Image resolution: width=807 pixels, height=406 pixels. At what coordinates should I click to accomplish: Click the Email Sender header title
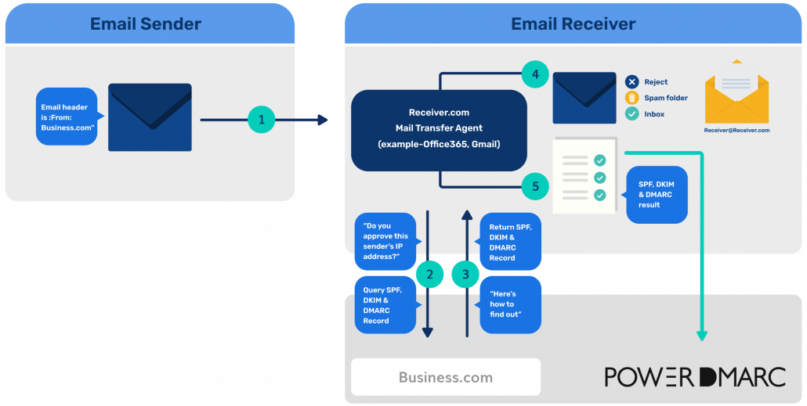pyautogui.click(x=146, y=23)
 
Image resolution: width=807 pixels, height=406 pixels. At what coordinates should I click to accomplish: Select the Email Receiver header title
pyautogui.click(x=573, y=23)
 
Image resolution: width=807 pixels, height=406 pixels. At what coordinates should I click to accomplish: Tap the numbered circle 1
pyautogui.click(x=262, y=120)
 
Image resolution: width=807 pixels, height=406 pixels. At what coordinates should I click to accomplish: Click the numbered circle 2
pyautogui.click(x=428, y=274)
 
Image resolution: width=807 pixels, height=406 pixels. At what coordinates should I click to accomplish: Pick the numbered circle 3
pyautogui.click(x=466, y=274)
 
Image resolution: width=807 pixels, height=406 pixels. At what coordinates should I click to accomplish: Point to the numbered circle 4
pyautogui.click(x=535, y=76)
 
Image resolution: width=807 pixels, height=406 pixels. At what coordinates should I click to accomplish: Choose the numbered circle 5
pyautogui.click(x=535, y=186)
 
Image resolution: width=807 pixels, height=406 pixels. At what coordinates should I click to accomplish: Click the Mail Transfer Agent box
pyautogui.click(x=438, y=130)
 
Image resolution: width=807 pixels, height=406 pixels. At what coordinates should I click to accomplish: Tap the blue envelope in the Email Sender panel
pyautogui.click(x=150, y=117)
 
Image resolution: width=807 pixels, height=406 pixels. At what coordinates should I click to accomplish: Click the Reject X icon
pyautogui.click(x=631, y=82)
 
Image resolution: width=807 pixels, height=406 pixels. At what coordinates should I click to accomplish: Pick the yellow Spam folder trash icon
pyautogui.click(x=631, y=98)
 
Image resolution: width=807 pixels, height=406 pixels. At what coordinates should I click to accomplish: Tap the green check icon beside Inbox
pyautogui.click(x=631, y=114)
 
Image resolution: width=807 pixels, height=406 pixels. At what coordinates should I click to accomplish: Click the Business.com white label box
pyautogui.click(x=445, y=377)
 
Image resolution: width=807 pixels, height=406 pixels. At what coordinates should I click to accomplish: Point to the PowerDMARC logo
pyautogui.click(x=694, y=377)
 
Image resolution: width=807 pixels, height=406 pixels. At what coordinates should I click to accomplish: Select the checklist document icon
pyautogui.click(x=584, y=177)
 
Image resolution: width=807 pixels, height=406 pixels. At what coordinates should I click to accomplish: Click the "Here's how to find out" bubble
pyautogui.click(x=510, y=304)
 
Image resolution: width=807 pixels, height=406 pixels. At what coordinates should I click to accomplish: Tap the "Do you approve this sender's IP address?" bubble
pyautogui.click(x=385, y=241)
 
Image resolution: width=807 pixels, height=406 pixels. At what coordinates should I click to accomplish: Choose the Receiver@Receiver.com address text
pyautogui.click(x=736, y=131)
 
